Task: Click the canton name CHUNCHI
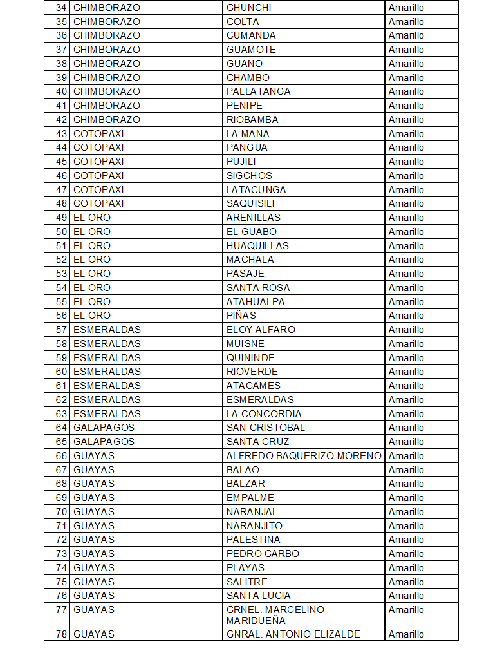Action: (248, 8)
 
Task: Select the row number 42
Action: (61, 120)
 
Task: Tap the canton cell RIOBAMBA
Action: (252, 120)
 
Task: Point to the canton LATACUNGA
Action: (256, 190)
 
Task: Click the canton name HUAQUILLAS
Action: (257, 246)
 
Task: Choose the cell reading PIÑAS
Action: (241, 316)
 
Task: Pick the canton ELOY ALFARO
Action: (261, 330)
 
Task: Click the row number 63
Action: (61, 414)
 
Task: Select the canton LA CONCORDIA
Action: (264, 414)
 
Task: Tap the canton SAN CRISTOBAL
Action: (265, 428)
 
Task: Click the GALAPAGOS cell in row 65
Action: (104, 442)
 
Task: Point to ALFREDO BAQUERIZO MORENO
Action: (304, 456)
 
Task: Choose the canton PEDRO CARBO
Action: (263, 554)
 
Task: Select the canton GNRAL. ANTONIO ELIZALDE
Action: (293, 634)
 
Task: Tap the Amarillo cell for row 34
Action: (406, 8)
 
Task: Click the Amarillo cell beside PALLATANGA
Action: (406, 91)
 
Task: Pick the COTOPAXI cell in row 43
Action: (98, 134)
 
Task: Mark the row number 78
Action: (61, 634)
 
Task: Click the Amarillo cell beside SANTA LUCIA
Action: (406, 596)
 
